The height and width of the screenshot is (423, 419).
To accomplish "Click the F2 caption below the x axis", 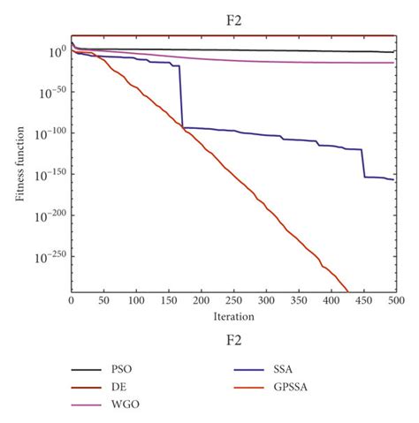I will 233,338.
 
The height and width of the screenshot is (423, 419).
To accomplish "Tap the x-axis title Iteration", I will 233,315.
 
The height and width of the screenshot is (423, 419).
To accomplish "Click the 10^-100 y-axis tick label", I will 49,133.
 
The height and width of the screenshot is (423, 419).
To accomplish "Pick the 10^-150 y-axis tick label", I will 49,175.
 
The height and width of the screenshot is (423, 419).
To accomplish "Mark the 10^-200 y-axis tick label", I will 49,215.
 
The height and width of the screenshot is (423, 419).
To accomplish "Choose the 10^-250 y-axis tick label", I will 49,257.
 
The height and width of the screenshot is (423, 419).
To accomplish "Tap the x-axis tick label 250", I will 233,300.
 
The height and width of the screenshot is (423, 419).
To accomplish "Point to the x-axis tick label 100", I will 136,300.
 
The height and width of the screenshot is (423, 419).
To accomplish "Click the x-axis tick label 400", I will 331,300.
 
